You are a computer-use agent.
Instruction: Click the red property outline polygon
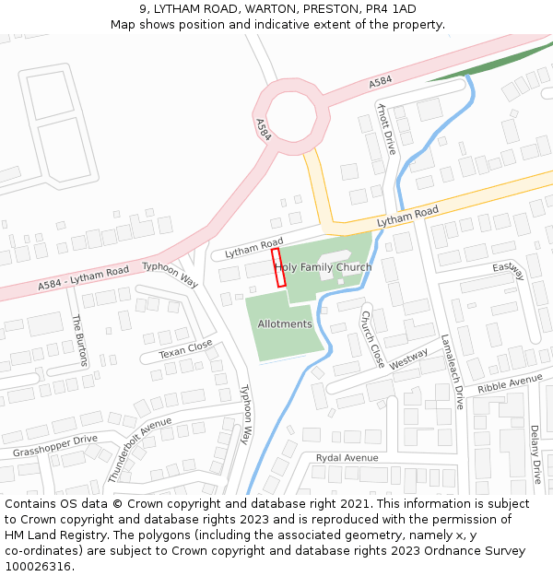point(278,268)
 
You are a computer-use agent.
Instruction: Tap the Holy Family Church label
point(324,267)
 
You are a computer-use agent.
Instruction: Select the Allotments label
point(285,324)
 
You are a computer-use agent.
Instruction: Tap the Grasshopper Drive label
point(54,446)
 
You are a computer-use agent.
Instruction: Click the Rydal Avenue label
point(347,458)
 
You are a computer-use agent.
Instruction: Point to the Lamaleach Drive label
point(452,371)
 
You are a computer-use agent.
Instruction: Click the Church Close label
point(372,339)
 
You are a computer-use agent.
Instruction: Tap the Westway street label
point(408,359)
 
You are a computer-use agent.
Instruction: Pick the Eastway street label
point(508,271)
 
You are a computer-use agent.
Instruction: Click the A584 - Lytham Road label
point(83,278)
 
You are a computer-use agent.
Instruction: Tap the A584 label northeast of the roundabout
point(380,82)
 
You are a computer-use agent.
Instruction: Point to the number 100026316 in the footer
point(38,566)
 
